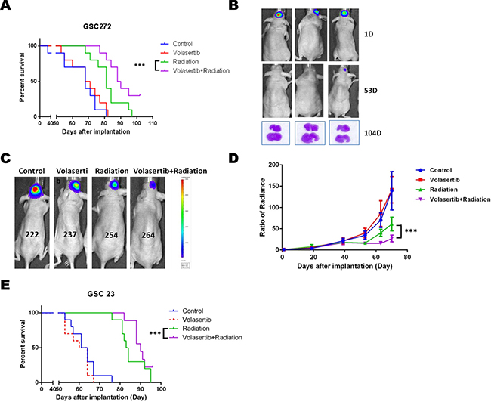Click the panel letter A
click(x=8, y=8)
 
